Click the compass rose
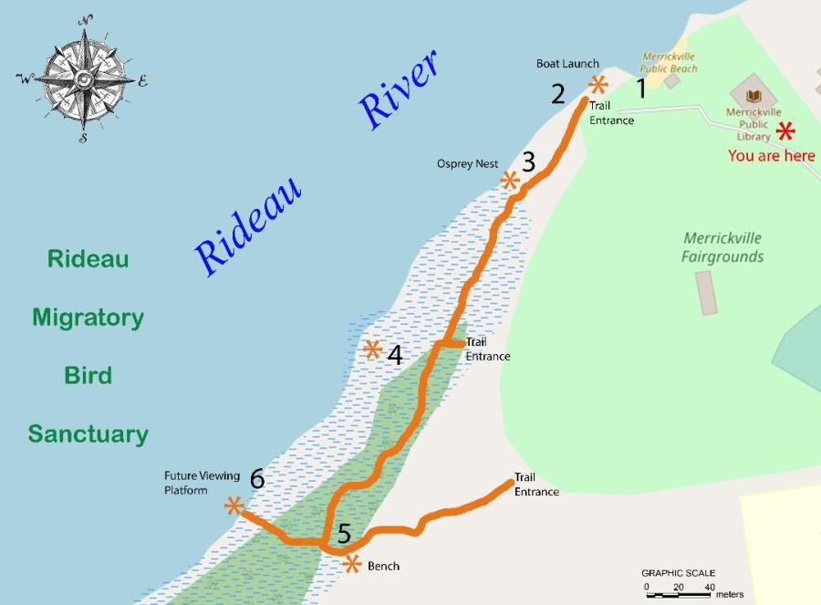point(83,79)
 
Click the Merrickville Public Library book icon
point(753,95)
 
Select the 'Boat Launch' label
point(567,63)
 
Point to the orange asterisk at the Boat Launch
point(598,86)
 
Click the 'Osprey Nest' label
point(467,163)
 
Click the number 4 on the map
point(395,355)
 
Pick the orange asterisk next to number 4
point(372,349)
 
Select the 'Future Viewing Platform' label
point(202,483)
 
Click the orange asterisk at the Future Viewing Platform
point(234,505)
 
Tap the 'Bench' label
point(383,566)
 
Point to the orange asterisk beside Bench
point(352,564)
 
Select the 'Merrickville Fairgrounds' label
point(722,247)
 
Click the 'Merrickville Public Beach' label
point(670,62)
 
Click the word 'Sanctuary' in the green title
point(88,433)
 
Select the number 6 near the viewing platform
point(257,478)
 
